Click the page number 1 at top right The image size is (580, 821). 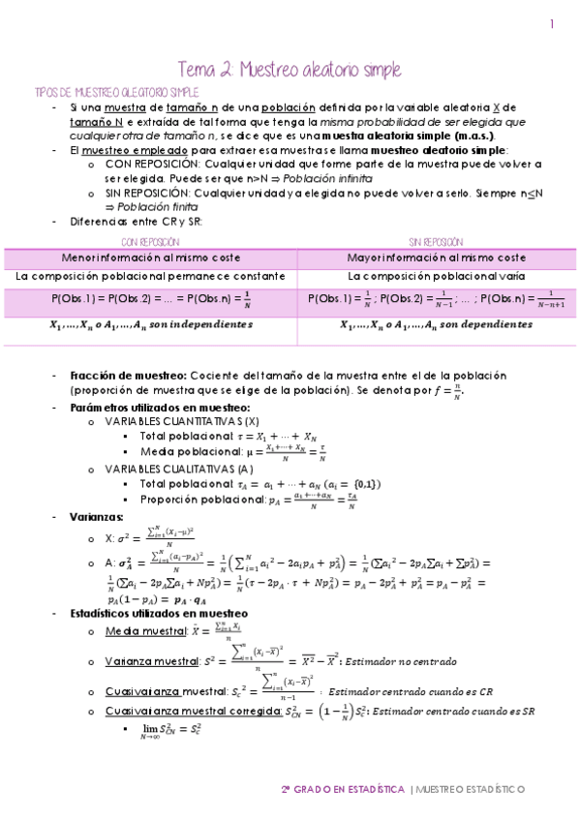pos(552,24)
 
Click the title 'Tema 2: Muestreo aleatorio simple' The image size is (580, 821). pos(290,70)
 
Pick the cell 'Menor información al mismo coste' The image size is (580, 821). pos(149,258)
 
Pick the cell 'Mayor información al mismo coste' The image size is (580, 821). pos(436,258)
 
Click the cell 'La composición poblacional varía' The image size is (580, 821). pos(436,276)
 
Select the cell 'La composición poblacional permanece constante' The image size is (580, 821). pos(149,276)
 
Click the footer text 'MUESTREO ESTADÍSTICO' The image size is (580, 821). pos(471,789)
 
